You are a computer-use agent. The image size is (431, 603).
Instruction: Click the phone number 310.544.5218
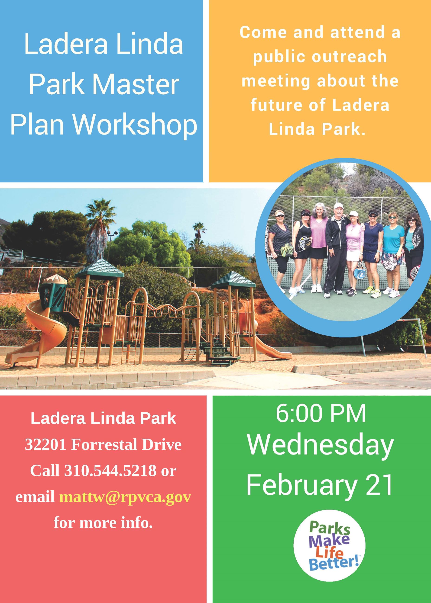(x=110, y=471)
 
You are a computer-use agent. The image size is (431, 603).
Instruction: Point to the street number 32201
(x=45, y=444)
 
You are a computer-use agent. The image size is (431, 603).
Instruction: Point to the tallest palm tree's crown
(x=100, y=212)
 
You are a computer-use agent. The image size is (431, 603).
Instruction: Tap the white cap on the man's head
(x=339, y=206)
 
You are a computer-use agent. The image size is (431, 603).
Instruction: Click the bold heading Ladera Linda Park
(x=103, y=418)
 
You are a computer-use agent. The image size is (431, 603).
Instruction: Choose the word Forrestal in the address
(x=104, y=444)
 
